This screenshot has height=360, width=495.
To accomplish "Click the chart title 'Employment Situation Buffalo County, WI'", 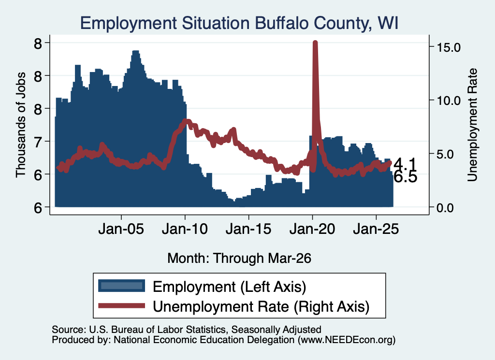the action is point(239,23).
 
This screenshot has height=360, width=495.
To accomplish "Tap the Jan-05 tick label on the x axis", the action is point(121,229).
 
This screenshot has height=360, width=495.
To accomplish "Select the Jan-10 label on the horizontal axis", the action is point(185,229).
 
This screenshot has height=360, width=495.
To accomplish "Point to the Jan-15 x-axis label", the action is point(248,229).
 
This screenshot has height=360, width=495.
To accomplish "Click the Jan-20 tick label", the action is point(312,229).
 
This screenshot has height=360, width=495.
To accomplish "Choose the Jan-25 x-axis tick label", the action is point(376,229).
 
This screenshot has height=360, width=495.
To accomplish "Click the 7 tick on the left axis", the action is point(38,142).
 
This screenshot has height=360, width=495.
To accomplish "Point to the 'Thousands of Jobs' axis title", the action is point(20,125).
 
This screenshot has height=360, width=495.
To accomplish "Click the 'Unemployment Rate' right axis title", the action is point(472,125).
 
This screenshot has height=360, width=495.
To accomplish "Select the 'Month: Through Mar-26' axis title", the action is point(239,258).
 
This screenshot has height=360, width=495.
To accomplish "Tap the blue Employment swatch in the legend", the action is point(121,286).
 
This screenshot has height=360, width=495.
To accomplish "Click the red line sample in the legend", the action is point(121,306).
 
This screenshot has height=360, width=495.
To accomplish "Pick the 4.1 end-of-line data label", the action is point(406,165).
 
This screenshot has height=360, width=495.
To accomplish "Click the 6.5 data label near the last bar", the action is point(406,177).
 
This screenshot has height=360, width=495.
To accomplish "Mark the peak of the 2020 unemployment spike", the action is point(315,42).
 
